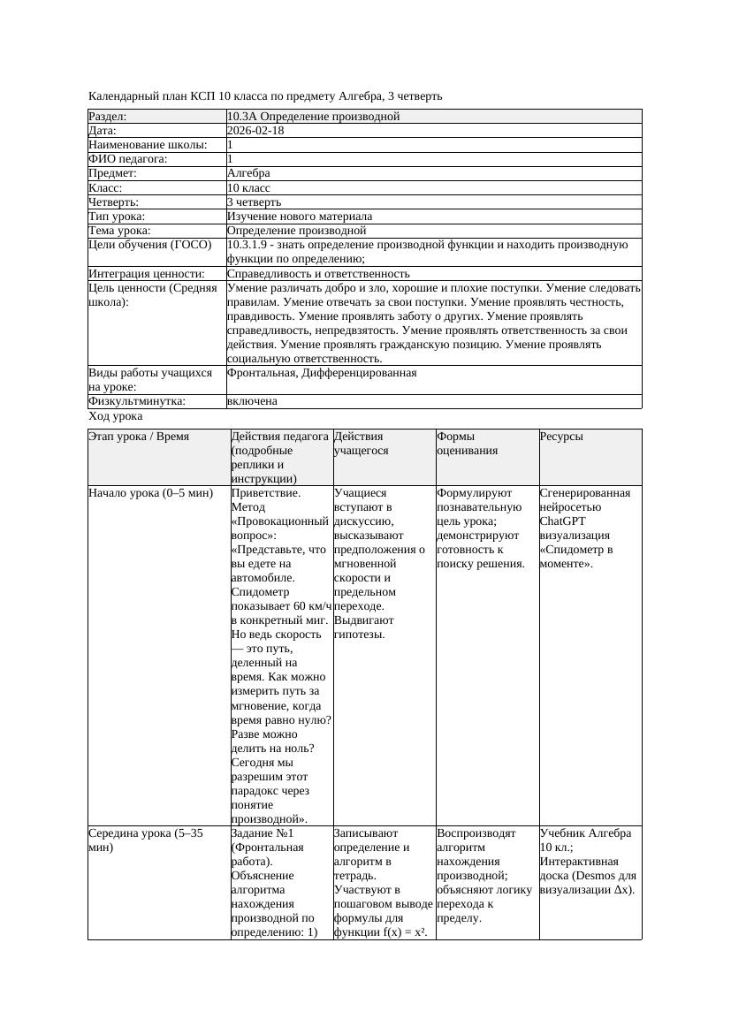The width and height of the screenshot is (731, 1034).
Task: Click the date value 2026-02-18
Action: [x=255, y=131]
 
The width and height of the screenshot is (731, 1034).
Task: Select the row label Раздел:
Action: [x=108, y=117]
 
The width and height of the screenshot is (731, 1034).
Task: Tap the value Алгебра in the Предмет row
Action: [x=248, y=173]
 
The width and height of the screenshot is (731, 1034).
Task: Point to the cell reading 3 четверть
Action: [x=256, y=202]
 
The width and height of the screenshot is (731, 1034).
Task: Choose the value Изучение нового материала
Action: [x=300, y=217]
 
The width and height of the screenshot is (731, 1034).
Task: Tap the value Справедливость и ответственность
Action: [x=318, y=274]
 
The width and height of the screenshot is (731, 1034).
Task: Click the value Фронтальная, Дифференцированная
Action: [x=322, y=373]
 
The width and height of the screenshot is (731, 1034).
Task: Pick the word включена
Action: [x=252, y=401]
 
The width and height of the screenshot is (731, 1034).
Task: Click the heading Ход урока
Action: [x=116, y=416]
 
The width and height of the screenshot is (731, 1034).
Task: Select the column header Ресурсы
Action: [x=561, y=437]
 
